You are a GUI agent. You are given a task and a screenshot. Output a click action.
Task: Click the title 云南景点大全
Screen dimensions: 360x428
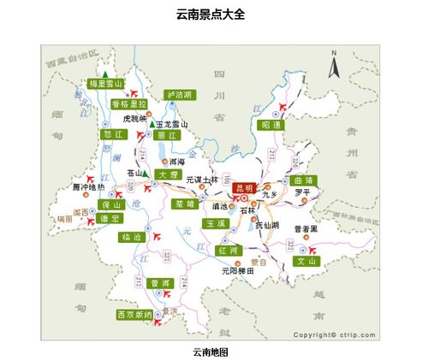tap(211, 15)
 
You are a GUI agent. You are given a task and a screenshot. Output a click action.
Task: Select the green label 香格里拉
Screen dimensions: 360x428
tap(130, 104)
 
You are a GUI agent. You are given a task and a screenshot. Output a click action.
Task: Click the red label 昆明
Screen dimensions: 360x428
tap(244, 188)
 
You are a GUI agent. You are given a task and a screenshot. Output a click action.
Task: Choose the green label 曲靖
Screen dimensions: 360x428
tap(303, 180)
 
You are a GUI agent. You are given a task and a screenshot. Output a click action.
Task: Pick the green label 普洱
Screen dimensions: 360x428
tap(160, 283)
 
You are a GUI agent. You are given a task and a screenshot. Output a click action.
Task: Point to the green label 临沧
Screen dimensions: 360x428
tap(132, 237)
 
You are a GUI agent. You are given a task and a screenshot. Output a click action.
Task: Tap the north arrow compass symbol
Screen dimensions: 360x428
tap(336, 62)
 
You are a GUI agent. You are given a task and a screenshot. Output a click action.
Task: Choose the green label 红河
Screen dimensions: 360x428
tap(229, 251)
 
